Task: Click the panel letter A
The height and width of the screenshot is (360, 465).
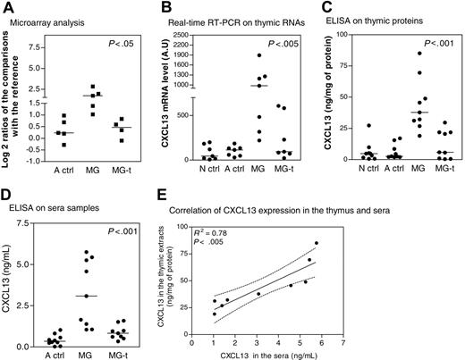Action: (x=6, y=7)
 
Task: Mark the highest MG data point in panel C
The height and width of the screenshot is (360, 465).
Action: (x=418, y=53)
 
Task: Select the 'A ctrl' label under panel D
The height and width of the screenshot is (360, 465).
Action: (x=54, y=351)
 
